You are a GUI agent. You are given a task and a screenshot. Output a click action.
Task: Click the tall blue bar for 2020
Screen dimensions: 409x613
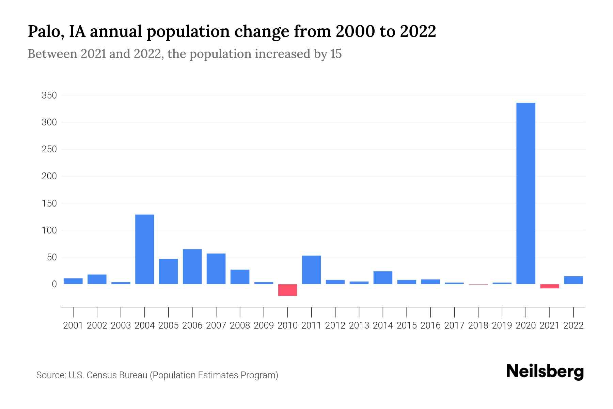(525, 193)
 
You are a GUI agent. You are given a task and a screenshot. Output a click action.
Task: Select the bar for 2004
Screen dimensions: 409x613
(144, 249)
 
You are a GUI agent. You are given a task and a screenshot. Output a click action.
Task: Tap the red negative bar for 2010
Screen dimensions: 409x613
(287, 290)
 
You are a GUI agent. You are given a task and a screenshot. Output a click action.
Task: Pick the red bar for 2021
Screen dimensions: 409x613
(549, 286)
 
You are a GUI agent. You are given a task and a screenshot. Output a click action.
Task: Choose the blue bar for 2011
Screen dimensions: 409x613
(311, 270)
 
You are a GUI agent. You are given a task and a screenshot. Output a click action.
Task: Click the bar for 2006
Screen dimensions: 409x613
(192, 267)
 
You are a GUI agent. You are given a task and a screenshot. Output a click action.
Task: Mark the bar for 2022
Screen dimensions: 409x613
(573, 280)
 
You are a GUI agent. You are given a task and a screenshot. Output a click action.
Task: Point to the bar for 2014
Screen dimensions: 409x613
(383, 277)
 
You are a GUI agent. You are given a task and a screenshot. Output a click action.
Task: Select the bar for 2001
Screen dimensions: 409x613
(73, 281)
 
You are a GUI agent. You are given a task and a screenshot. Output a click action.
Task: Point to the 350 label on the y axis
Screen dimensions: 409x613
(49, 95)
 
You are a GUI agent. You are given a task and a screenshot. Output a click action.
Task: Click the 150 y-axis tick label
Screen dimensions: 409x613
(49, 203)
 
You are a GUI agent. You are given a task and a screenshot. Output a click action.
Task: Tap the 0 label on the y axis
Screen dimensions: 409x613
(54, 284)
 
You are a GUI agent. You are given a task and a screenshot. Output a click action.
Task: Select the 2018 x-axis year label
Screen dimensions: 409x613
(478, 325)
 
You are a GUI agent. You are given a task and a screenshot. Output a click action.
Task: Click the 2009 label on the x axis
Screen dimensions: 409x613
(264, 325)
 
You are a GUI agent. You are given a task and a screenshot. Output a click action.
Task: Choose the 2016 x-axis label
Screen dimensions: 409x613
(430, 325)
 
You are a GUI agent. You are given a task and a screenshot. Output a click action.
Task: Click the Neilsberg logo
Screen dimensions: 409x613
(545, 372)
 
